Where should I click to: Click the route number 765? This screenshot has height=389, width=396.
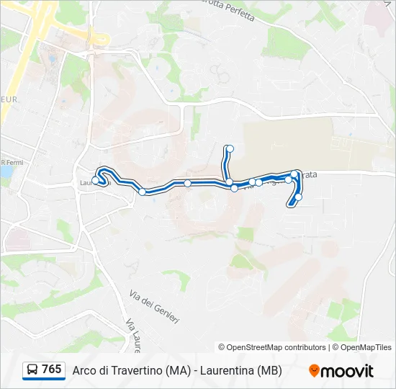click(x=51, y=370)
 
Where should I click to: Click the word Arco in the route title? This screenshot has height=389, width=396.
click(x=85, y=370)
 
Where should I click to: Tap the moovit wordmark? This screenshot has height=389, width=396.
click(x=348, y=371)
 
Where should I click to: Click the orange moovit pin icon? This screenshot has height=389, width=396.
click(x=314, y=371)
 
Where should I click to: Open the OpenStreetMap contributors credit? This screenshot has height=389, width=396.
click(x=272, y=347)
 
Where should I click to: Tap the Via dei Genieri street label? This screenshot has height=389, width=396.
click(x=155, y=306)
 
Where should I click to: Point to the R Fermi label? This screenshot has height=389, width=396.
click(x=12, y=162)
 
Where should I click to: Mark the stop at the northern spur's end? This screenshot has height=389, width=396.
click(x=230, y=149)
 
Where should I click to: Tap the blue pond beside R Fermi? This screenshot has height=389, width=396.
click(x=6, y=172)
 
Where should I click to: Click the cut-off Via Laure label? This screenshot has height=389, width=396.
click(x=132, y=336)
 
